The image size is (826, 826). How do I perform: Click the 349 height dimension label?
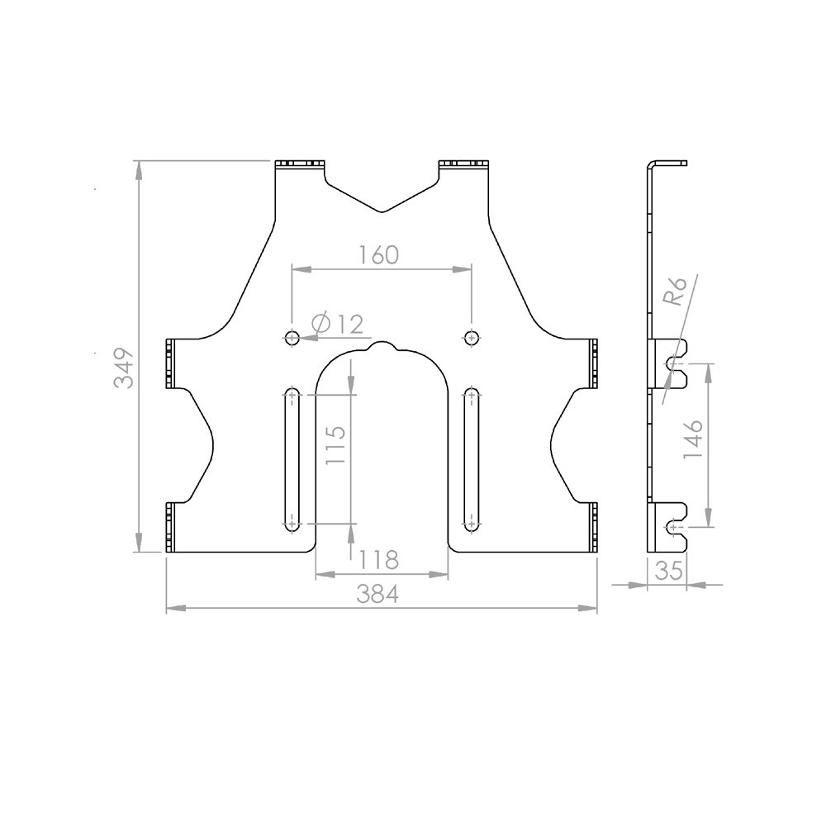coord(124,368)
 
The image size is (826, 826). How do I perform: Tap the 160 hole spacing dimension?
coord(379,254)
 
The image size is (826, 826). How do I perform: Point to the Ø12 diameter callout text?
coord(339,324)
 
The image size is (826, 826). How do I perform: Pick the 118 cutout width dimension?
coord(380,560)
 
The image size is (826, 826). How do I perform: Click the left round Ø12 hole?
coord(292,336)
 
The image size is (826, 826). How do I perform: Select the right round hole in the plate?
coord(472,336)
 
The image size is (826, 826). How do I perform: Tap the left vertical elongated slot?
coord(292,459)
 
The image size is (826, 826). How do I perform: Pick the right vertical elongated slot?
coord(472,459)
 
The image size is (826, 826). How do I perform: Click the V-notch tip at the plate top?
coord(381,211)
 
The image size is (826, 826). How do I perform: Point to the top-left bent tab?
coord(298,164)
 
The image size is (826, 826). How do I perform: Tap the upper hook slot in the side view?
coord(676,363)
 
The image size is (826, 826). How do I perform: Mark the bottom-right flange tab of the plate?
coord(593,528)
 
